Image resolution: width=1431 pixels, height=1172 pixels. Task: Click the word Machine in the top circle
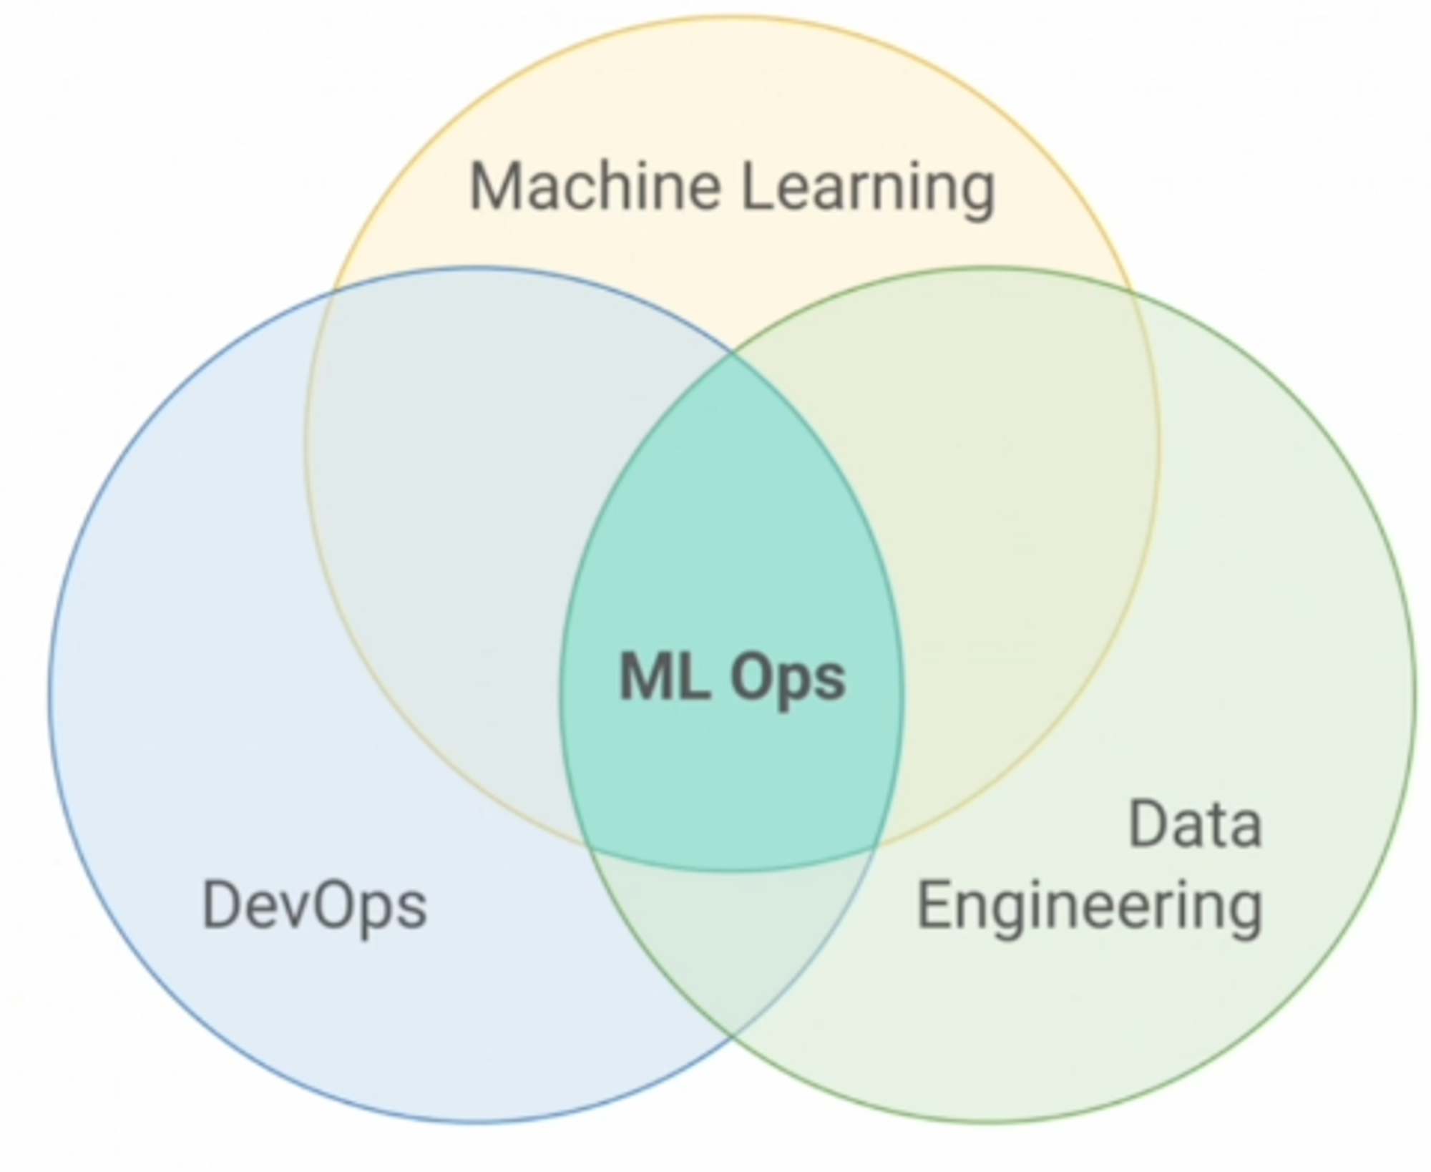point(594,186)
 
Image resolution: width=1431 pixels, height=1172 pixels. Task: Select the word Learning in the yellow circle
point(868,187)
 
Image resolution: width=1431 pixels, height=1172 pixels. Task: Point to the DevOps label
point(315,906)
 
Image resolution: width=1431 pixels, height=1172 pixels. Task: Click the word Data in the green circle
point(1195,825)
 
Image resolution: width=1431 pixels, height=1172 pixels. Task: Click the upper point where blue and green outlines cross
point(731,351)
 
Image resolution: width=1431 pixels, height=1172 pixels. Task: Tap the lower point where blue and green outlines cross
point(731,1035)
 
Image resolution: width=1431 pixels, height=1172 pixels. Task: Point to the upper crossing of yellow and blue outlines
point(331,291)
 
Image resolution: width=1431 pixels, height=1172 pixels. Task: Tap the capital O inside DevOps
point(336,906)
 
